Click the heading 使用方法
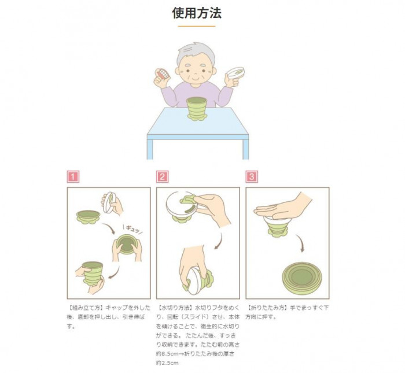coord(197,13)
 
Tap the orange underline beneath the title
coord(197,26)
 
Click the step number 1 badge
coord(73,177)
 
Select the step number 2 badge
coord(163,177)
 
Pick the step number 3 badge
coord(252,177)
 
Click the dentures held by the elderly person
coord(163,75)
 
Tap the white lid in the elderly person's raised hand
coord(235,72)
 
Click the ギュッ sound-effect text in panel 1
coord(132,229)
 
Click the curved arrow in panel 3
coord(300,243)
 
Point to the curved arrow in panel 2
coord(219,241)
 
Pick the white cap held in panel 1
coord(109,202)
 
